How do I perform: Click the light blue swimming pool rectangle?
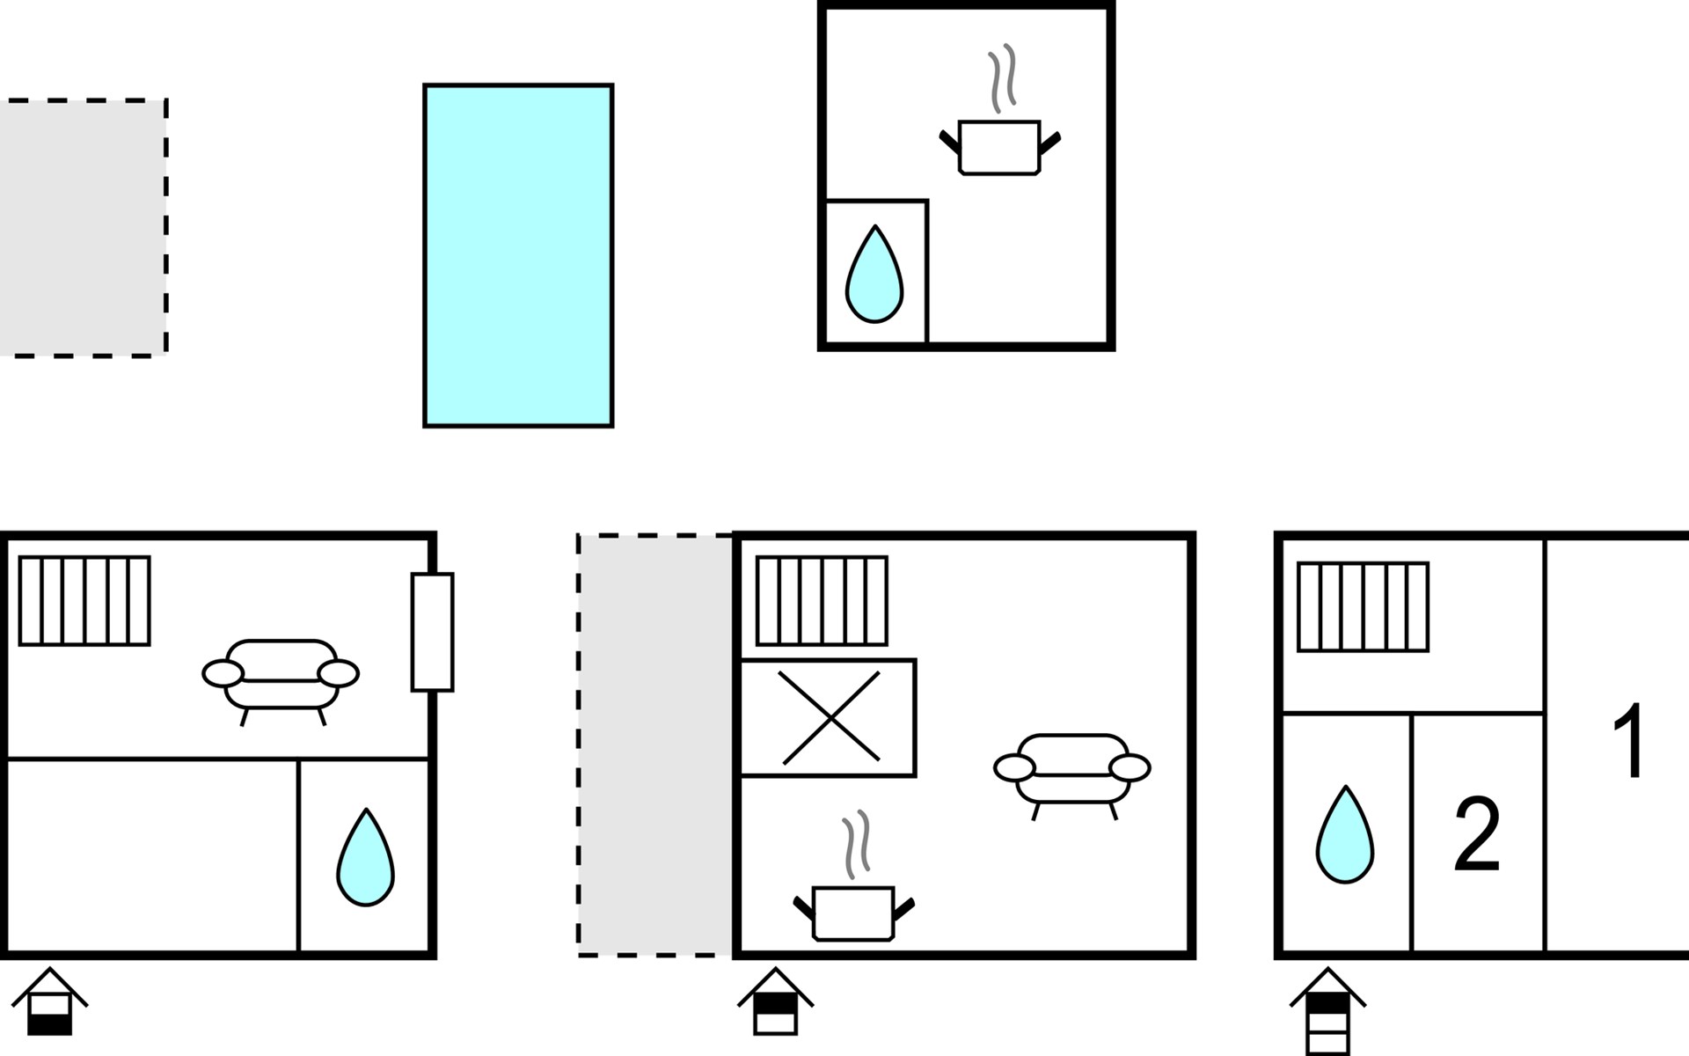coord(518,256)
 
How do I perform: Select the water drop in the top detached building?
coord(874,274)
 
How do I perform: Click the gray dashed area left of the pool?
coord(83,228)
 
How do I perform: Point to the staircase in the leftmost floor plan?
coord(84,601)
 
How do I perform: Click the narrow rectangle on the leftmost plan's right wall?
coord(433,632)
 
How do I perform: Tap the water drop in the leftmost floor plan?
coord(366,857)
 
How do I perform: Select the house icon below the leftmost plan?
coord(49,1001)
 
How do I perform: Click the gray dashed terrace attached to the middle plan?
coord(655,744)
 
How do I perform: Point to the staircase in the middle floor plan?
coord(822,601)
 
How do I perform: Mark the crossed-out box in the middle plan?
coord(828,718)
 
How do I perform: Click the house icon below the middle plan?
coord(775,1001)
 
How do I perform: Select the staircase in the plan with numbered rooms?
coord(1364,607)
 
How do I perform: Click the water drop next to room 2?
coord(1345,834)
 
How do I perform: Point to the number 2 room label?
coord(1477,834)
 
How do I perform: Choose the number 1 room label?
coord(1629,740)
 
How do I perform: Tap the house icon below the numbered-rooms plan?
coord(1327,1011)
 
